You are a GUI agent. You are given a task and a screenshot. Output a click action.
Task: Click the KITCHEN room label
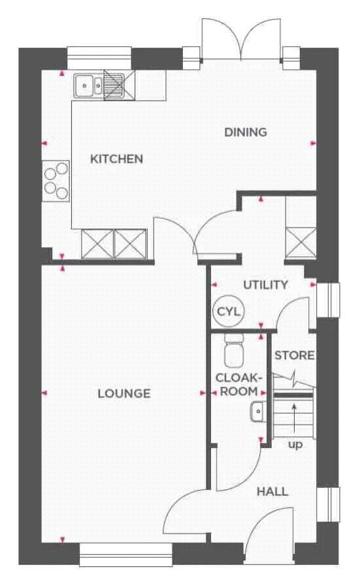click(x=117, y=159)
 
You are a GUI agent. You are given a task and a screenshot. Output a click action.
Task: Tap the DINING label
click(x=246, y=132)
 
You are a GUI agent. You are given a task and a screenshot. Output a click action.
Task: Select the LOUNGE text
click(x=124, y=394)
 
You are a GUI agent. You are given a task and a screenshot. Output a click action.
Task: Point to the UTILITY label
click(x=266, y=285)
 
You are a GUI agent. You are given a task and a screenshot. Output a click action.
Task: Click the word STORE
click(x=295, y=355)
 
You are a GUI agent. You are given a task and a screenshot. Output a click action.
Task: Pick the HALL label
click(x=272, y=492)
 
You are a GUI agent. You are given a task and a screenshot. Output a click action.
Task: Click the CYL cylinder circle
click(x=229, y=312)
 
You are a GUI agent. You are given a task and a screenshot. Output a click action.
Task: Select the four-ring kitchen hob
click(x=56, y=182)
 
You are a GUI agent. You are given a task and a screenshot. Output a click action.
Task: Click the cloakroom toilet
click(x=234, y=349)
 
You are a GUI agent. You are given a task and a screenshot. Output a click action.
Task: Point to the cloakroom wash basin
click(x=258, y=412)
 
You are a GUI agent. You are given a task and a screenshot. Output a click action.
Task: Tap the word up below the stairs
click(x=295, y=445)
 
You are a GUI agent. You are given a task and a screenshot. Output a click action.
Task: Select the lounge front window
click(x=126, y=555)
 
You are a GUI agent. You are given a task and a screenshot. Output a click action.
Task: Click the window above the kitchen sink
click(x=99, y=59)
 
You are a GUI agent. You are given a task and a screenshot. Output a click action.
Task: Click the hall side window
click(x=328, y=504)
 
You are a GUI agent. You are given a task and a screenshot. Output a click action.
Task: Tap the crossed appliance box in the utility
click(x=301, y=242)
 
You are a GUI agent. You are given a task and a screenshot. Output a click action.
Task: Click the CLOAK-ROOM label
click(x=237, y=385)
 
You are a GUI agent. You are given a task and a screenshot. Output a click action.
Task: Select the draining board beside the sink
click(x=114, y=86)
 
